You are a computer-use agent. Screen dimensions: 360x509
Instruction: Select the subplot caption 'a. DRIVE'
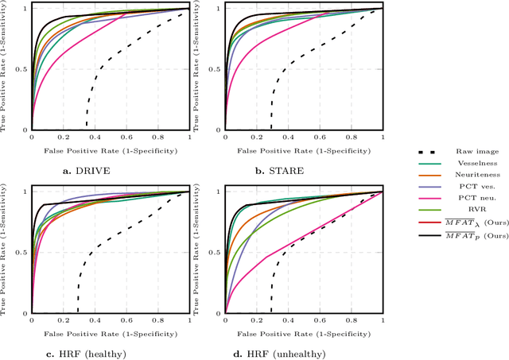click(111, 170)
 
